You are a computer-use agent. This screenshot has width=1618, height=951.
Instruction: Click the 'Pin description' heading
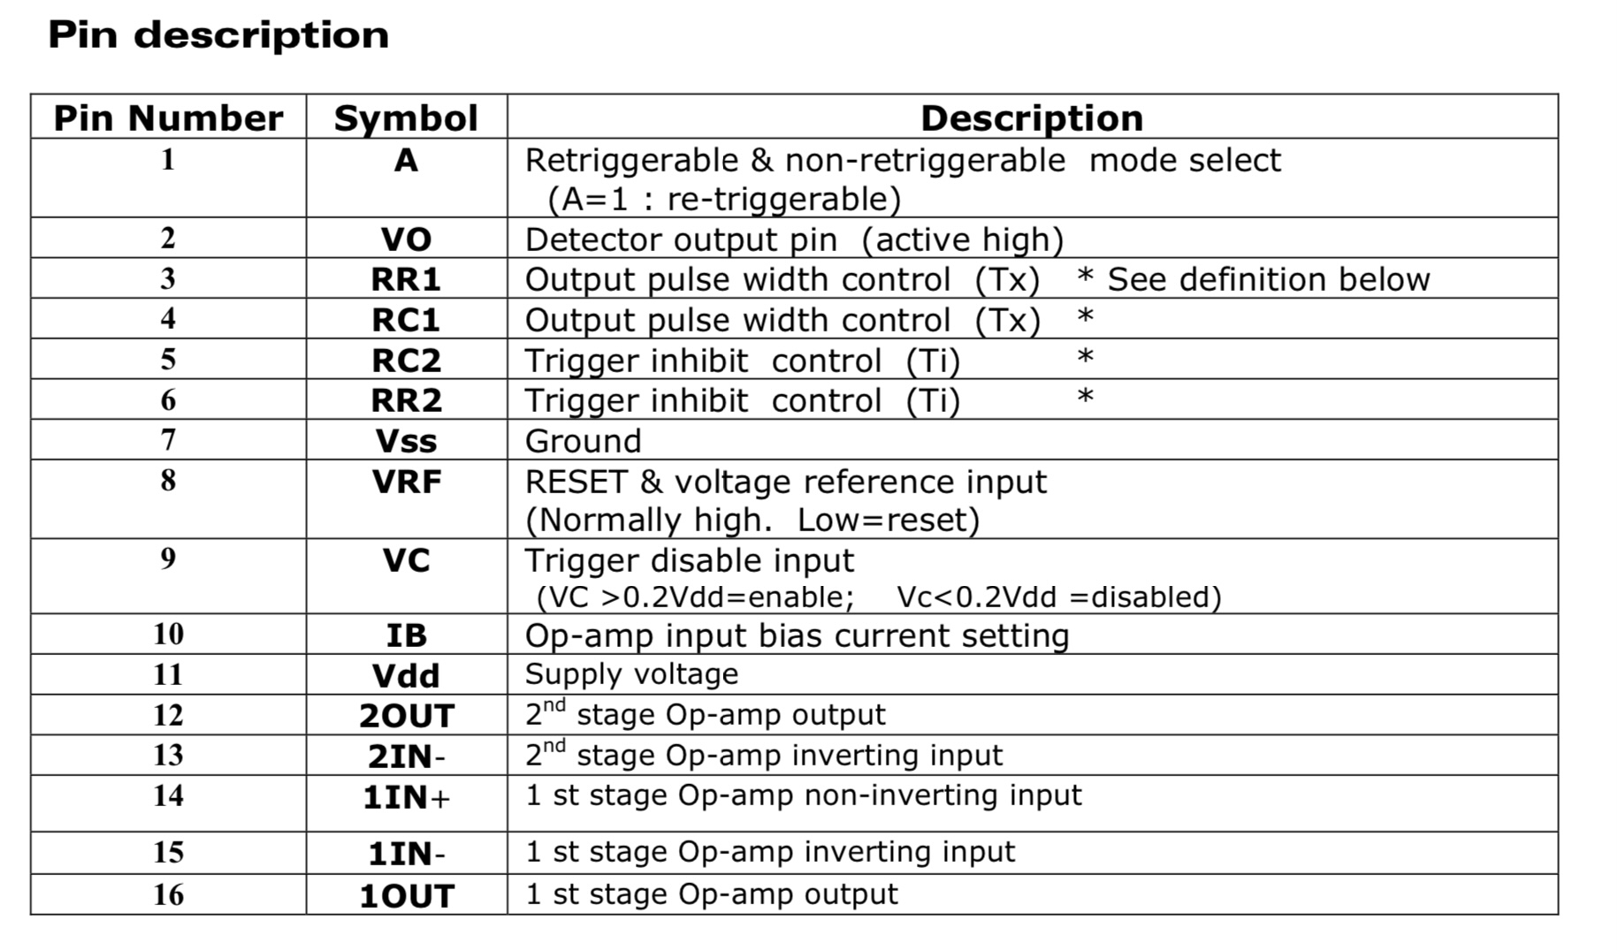pyautogui.click(x=218, y=35)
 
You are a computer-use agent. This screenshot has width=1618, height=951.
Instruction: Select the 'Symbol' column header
pyautogui.click(x=406, y=118)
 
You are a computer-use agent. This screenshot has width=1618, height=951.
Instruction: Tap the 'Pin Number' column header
pyautogui.click(x=168, y=118)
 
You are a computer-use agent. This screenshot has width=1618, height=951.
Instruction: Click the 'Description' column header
pyautogui.click(x=1032, y=118)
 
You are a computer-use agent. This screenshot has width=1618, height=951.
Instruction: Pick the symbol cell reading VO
pyautogui.click(x=406, y=240)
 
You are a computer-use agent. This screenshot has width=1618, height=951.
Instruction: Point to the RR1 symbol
pyautogui.click(x=406, y=280)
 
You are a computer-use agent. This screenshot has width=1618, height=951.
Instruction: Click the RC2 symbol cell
pyautogui.click(x=406, y=361)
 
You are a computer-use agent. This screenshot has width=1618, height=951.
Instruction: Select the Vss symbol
pyautogui.click(x=406, y=441)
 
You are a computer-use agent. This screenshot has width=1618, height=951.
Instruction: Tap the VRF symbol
pyautogui.click(x=406, y=483)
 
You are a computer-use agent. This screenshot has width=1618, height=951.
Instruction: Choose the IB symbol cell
pyautogui.click(x=406, y=635)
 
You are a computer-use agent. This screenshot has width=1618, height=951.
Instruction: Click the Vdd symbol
pyautogui.click(x=406, y=676)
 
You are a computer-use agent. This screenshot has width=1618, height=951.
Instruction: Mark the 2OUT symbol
pyautogui.click(x=406, y=716)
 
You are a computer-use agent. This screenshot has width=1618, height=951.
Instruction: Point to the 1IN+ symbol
pyautogui.click(x=406, y=798)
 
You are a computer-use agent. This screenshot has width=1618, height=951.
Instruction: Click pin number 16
pyautogui.click(x=168, y=894)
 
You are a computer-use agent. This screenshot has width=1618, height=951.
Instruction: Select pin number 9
pyautogui.click(x=168, y=559)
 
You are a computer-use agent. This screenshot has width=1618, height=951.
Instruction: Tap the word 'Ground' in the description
pyautogui.click(x=583, y=441)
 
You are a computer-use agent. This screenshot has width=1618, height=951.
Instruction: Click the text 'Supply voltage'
pyautogui.click(x=631, y=674)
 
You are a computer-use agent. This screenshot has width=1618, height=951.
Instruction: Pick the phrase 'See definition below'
pyautogui.click(x=1268, y=280)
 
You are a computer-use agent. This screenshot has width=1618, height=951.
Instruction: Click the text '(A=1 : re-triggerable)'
pyautogui.click(x=724, y=200)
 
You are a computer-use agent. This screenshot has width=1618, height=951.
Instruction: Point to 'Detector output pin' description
pyautogui.click(x=681, y=240)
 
